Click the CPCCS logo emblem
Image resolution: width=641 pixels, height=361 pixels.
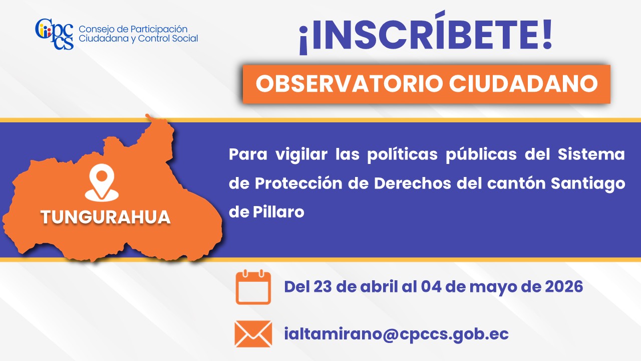click(55, 34)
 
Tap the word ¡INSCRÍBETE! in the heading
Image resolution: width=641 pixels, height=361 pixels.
click(426, 33)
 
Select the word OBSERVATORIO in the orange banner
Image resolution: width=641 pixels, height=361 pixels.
click(350, 84)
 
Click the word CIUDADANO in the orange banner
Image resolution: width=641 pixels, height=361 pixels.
click(523, 84)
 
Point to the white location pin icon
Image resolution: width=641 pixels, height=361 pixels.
click(102, 183)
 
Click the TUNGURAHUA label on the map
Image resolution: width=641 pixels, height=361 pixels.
click(106, 217)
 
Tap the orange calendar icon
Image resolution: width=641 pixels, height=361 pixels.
click(253, 287)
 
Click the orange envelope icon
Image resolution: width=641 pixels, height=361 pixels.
click(253, 334)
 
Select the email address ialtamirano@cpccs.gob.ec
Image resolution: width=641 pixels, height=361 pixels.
click(396, 334)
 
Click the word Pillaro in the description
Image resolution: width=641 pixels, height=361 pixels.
click(278, 212)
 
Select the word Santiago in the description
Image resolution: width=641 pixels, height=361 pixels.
click(588, 184)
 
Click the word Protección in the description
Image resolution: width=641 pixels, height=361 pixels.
click(298, 184)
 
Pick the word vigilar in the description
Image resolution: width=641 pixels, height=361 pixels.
click(301, 155)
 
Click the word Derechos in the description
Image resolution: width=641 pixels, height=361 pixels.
click(412, 183)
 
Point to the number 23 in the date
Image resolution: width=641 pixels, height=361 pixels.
click(322, 286)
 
